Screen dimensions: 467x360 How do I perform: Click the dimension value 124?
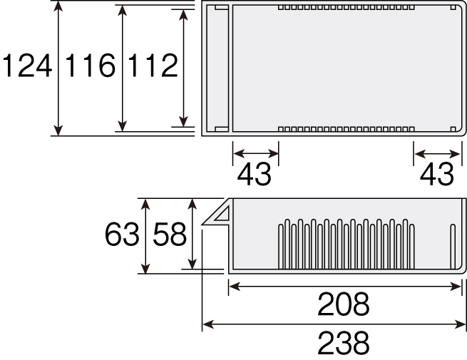[27, 66]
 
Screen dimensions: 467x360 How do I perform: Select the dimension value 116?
[90, 66]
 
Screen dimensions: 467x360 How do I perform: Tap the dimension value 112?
[153, 66]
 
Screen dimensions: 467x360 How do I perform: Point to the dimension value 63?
[122, 235]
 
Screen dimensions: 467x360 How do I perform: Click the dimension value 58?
[170, 235]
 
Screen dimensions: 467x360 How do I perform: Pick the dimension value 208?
[344, 304]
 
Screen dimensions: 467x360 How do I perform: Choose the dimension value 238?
[344, 342]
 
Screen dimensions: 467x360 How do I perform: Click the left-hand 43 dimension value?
[254, 174]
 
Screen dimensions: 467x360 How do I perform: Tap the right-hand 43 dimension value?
[437, 174]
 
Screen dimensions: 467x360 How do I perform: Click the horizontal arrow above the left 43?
[256, 154]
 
